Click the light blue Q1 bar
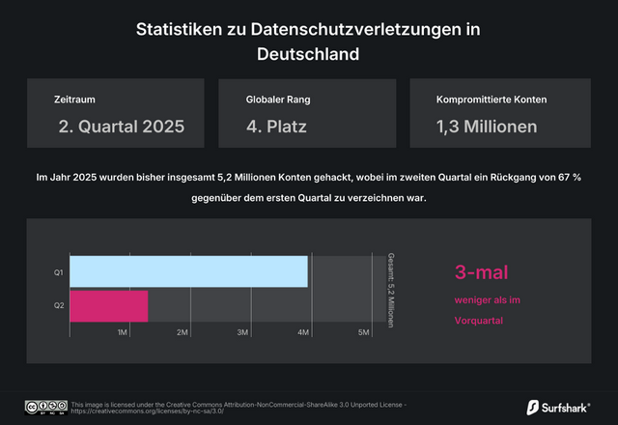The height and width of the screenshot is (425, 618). [x=188, y=271]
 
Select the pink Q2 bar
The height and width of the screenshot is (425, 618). [x=109, y=305]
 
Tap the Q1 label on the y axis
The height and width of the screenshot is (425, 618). [x=58, y=272]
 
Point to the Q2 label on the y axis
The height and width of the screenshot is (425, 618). [x=58, y=306]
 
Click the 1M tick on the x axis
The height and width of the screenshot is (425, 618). [x=123, y=332]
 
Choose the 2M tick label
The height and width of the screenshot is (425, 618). [x=183, y=332]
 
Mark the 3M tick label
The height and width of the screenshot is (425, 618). [x=243, y=332]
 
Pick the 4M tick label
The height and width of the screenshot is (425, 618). [x=303, y=332]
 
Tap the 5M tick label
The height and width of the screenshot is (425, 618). [x=364, y=332]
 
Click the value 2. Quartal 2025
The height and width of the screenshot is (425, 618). [x=121, y=126]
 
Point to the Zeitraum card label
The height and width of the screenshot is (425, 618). [x=75, y=99]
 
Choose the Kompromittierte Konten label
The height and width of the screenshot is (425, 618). [x=492, y=99]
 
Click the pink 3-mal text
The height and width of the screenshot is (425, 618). [x=481, y=272]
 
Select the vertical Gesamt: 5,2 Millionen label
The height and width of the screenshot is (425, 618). [x=391, y=290]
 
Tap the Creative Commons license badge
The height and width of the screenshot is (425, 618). [x=45, y=407]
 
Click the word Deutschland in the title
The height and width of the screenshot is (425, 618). [x=308, y=54]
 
